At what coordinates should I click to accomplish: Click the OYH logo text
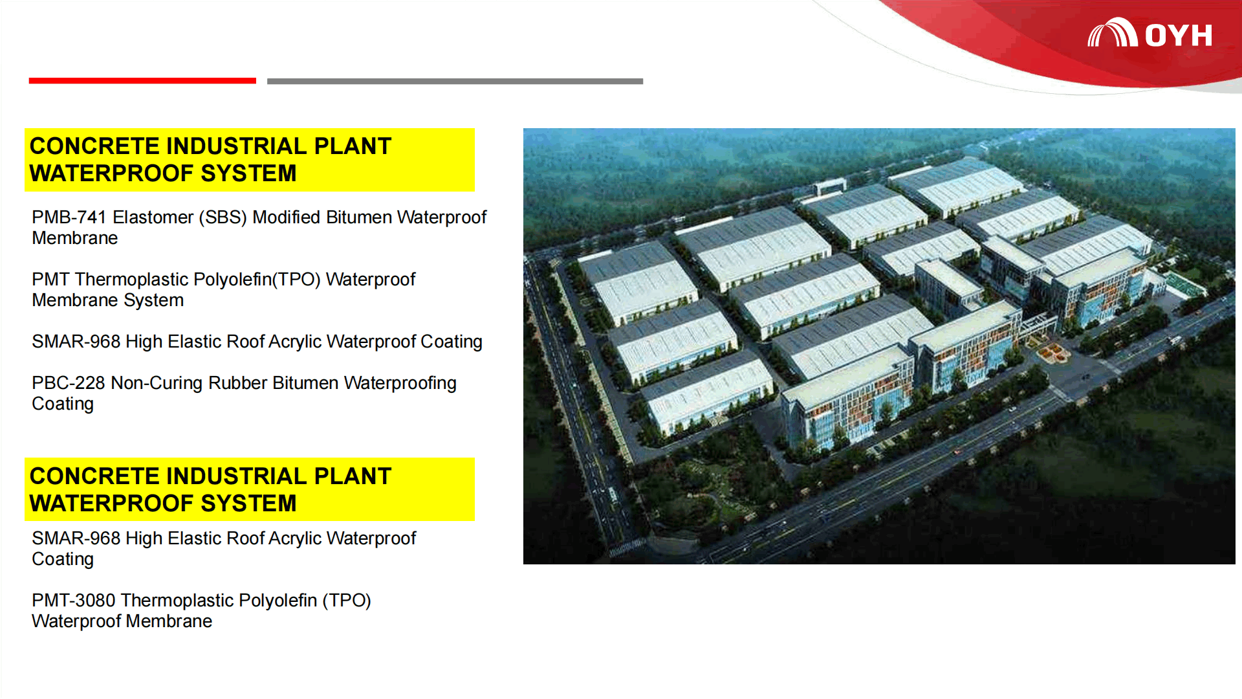click(x=1179, y=36)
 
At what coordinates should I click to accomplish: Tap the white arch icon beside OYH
click(x=1113, y=32)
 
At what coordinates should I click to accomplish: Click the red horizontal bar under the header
click(x=142, y=81)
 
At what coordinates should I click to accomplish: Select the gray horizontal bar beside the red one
click(x=455, y=81)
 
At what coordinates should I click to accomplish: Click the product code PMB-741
click(x=69, y=217)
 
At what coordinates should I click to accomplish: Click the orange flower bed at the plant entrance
click(x=1051, y=351)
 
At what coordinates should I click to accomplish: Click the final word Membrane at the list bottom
click(x=169, y=621)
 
